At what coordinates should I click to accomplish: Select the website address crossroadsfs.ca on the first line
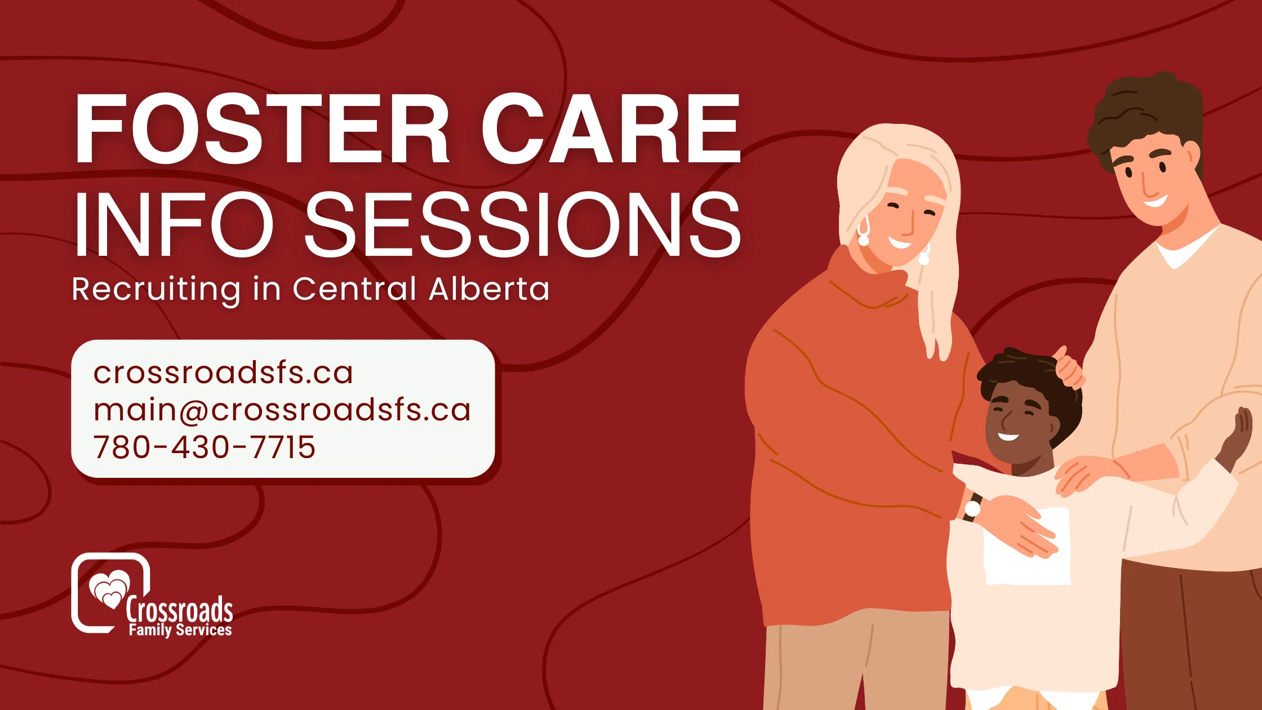pyautogui.click(x=223, y=372)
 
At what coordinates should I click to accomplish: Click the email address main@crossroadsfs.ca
pyautogui.click(x=282, y=410)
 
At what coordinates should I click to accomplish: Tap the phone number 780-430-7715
pyautogui.click(x=204, y=447)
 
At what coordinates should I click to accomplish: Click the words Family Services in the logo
pyautogui.click(x=180, y=629)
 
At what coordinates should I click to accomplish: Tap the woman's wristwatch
pyautogui.click(x=973, y=508)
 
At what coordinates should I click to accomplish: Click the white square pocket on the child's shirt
pyautogui.click(x=1027, y=546)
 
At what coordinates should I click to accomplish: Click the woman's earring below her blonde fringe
pyautogui.click(x=863, y=232)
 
